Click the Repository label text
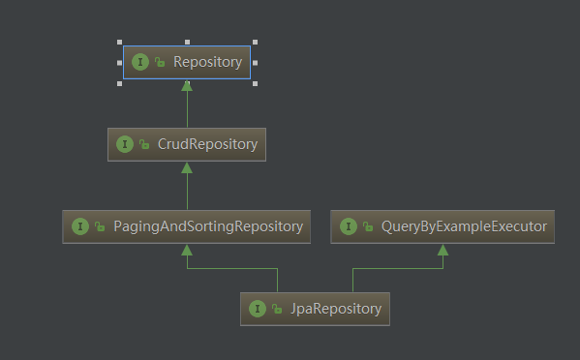tap(207, 62)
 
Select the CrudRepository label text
tap(207, 144)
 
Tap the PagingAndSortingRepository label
tap(206, 226)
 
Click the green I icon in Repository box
tap(140, 62)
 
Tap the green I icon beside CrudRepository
tap(124, 144)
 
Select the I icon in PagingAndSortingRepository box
tap(78, 226)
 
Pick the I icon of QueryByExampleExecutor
tap(348, 226)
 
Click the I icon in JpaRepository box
tap(257, 309)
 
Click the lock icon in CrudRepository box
tap(143, 145)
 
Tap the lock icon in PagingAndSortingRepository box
tap(98, 227)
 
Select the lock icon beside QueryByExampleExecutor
tap(367, 227)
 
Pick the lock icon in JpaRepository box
tap(276, 310)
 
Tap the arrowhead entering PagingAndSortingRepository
tap(187, 250)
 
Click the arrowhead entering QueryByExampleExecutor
tap(443, 250)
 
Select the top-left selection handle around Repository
tap(120, 43)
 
